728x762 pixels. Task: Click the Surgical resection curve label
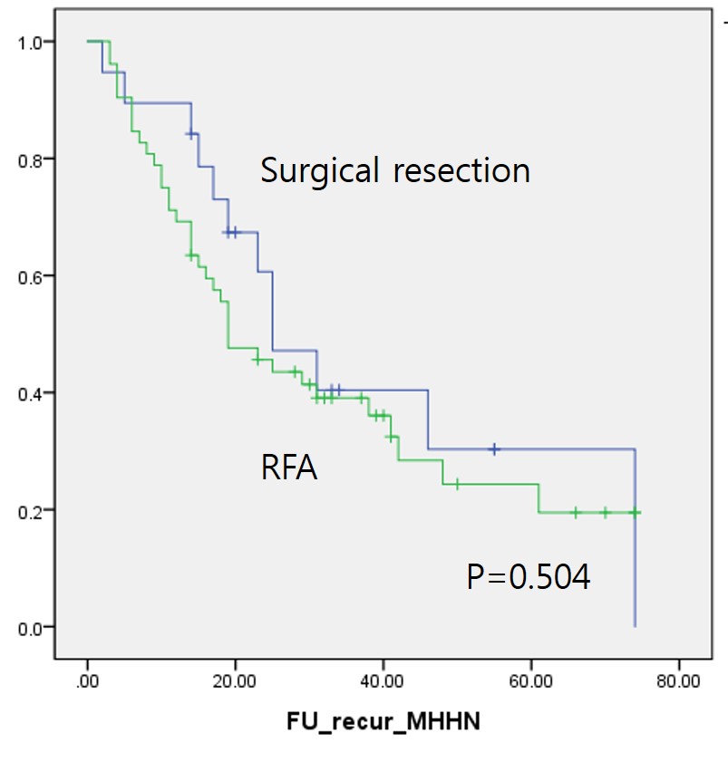coord(394,170)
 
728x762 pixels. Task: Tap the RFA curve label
coord(288,469)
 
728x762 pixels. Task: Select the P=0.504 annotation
coord(529,577)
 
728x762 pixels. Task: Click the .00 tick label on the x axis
coord(87,680)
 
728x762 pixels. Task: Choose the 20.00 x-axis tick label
coord(235,680)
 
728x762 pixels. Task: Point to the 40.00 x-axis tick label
coord(383,680)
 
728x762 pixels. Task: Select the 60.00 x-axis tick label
coord(530,680)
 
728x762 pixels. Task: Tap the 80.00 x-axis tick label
coord(678,680)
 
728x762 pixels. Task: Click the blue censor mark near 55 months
coord(494,449)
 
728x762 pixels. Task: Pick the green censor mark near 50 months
coord(457,484)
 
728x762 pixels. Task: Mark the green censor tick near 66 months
coord(575,513)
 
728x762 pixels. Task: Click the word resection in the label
coord(461,170)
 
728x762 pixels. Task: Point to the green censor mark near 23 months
coord(257,360)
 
